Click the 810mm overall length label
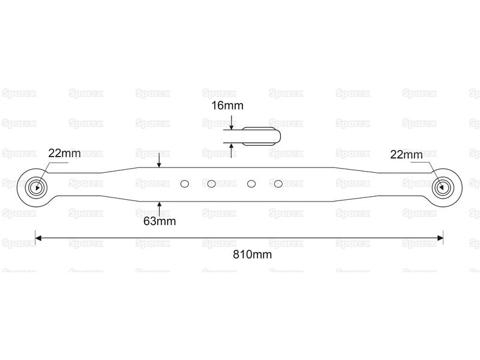pos(252,254)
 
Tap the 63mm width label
pos(160,221)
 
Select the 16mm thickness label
pos(227,106)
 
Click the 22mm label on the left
pos(64,153)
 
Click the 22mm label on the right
pos(406,155)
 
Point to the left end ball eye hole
pos(37,187)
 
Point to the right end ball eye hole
pos(442,187)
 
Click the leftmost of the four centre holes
pos(185,184)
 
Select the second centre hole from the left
pos(212,184)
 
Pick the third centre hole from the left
pos(251,184)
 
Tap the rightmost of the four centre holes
pos(278,184)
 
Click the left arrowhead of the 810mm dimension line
pos(38,238)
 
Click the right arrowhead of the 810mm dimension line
pos(440,238)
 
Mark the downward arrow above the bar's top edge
pos(159,160)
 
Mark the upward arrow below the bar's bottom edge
pos(159,209)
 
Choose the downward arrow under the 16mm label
pos(232,122)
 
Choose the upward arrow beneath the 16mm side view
pos(232,151)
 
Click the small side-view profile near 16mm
pos(262,136)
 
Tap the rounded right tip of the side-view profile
pos(280,136)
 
